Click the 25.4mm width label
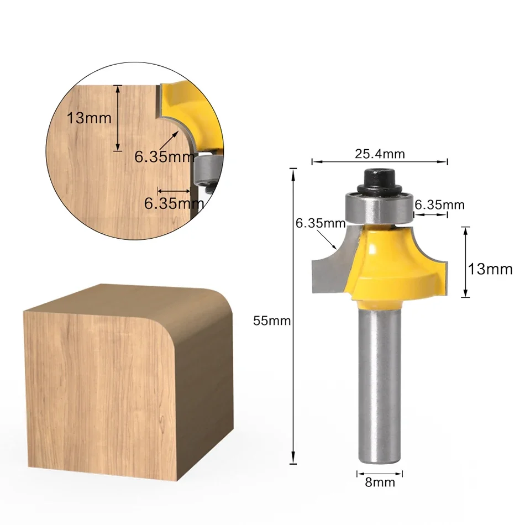380,154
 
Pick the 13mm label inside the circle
89,118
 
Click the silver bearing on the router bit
379,206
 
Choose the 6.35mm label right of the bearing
439,205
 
